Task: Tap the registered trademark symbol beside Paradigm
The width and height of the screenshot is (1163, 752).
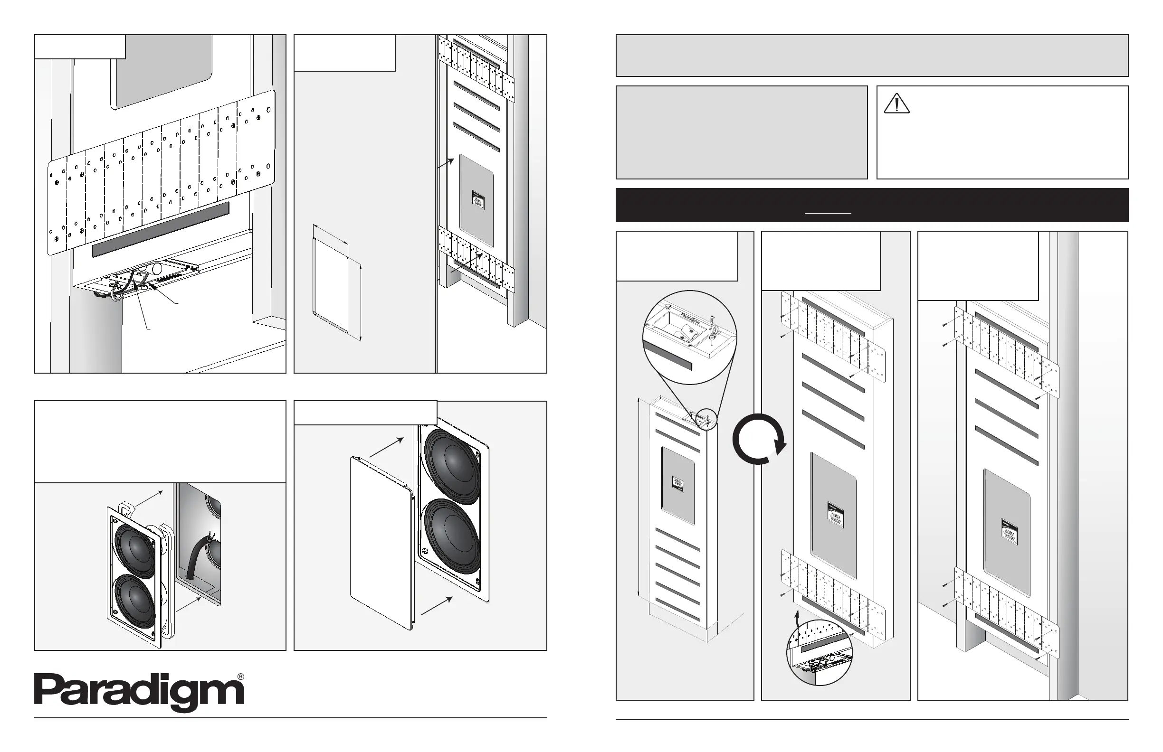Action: click(x=240, y=677)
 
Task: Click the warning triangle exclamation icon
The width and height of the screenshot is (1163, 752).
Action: click(x=896, y=104)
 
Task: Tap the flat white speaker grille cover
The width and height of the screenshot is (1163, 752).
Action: click(x=381, y=542)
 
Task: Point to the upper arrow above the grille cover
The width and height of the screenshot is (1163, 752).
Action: click(x=387, y=447)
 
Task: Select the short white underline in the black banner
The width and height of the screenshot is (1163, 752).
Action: click(x=828, y=213)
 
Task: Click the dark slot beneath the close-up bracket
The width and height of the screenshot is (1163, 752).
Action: click(x=160, y=229)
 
